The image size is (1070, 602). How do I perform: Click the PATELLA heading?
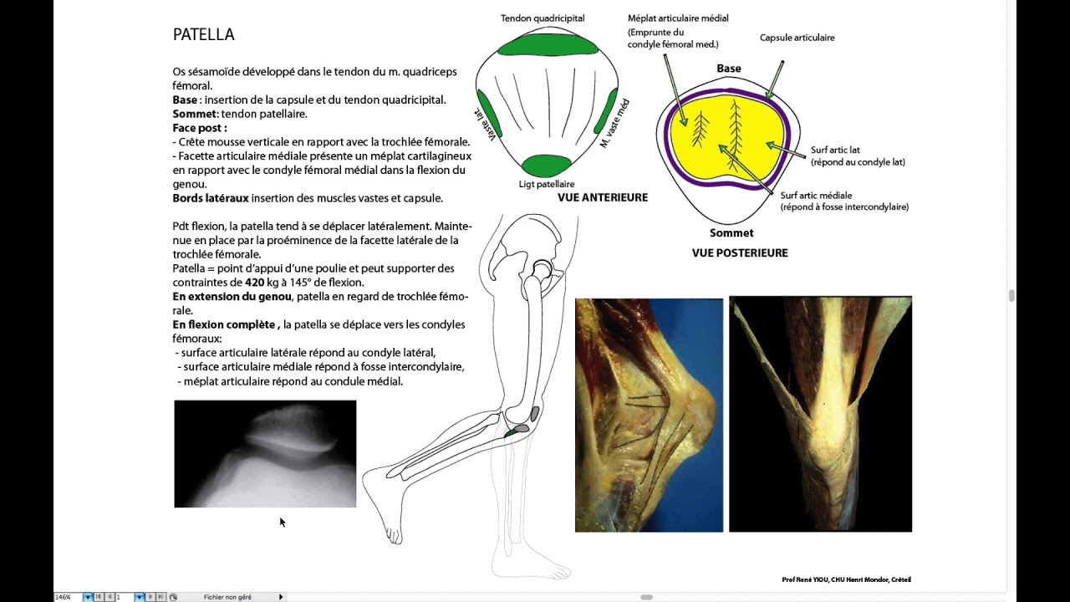tap(203, 34)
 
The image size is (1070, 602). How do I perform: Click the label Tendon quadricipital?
tap(543, 18)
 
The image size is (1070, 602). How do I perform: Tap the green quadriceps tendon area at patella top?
tap(548, 44)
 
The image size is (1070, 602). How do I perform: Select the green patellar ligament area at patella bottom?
tap(546, 165)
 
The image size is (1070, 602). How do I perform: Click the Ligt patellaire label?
tap(546, 184)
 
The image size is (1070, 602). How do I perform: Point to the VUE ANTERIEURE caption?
tap(603, 198)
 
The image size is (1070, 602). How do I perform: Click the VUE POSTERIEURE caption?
tap(739, 253)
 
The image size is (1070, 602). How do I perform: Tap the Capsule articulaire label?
tap(797, 38)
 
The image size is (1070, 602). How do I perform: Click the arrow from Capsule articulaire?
tap(775, 79)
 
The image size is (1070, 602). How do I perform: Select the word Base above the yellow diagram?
tap(728, 69)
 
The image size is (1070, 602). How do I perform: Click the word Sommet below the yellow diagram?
tap(731, 233)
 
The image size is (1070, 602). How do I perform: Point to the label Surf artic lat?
tap(835, 150)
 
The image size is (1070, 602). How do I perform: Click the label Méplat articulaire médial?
tap(678, 18)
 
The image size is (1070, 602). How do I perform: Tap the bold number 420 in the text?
tap(255, 283)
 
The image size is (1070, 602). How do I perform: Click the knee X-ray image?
tap(265, 453)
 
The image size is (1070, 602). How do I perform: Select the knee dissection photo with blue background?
tap(649, 415)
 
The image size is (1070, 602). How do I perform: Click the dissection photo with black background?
tap(820, 414)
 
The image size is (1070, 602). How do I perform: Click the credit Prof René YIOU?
tap(846, 579)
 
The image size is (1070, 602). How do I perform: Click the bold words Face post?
tap(198, 128)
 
